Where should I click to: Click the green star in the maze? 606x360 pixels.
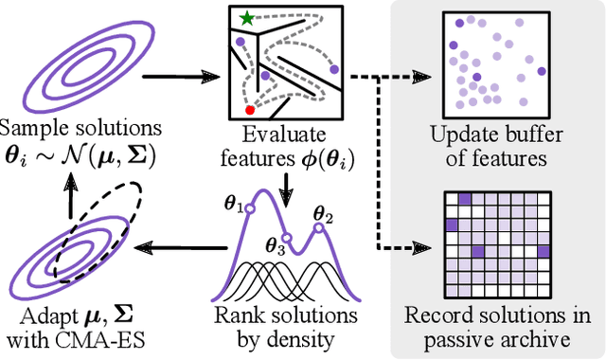(x=247, y=17)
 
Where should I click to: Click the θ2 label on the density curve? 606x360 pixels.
(x=323, y=214)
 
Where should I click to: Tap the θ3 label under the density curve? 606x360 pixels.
(x=275, y=249)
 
